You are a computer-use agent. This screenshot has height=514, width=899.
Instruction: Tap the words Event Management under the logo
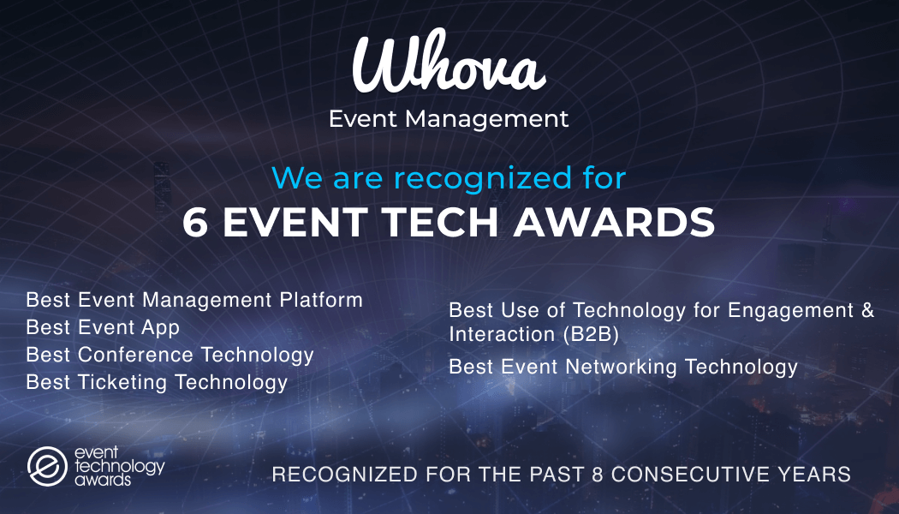tap(449, 118)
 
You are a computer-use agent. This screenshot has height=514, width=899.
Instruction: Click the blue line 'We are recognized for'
tap(449, 178)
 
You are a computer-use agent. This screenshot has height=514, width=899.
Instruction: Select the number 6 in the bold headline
tap(196, 222)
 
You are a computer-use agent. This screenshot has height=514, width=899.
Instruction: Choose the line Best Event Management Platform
tap(194, 301)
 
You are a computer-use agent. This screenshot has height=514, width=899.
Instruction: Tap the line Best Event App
tap(103, 327)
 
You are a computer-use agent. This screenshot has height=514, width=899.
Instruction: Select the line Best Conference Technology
tap(170, 355)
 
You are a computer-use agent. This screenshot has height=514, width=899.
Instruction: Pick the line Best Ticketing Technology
tap(157, 382)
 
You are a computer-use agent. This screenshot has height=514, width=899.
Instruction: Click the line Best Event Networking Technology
tap(622, 368)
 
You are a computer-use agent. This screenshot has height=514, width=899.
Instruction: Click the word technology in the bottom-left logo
tap(119, 465)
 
